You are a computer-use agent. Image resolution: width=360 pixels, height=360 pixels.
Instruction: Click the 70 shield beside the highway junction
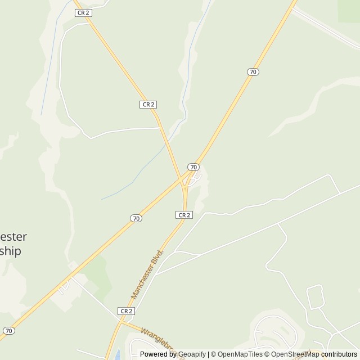193,167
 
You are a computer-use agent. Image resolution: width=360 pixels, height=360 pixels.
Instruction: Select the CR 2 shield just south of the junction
184,215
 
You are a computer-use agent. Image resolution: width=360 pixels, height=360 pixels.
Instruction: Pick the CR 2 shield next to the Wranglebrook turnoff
126,310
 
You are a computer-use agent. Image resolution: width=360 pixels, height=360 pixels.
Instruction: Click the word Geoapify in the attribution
192,354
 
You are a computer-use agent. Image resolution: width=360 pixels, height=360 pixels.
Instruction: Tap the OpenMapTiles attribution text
240,354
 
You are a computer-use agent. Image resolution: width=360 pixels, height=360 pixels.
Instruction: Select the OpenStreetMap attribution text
295,354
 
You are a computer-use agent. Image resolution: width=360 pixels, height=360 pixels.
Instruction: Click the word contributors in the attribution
339,354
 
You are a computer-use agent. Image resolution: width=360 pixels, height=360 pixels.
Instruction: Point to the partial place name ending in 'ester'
13,236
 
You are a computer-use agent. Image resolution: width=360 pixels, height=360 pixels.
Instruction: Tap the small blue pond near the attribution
117,354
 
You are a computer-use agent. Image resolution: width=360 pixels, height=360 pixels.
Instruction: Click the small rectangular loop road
315,296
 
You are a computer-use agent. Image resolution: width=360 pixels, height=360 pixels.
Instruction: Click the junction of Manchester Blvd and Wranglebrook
121,322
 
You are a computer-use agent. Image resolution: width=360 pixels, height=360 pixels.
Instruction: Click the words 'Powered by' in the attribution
158,354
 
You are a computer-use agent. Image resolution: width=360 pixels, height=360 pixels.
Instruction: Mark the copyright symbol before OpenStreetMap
267,354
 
